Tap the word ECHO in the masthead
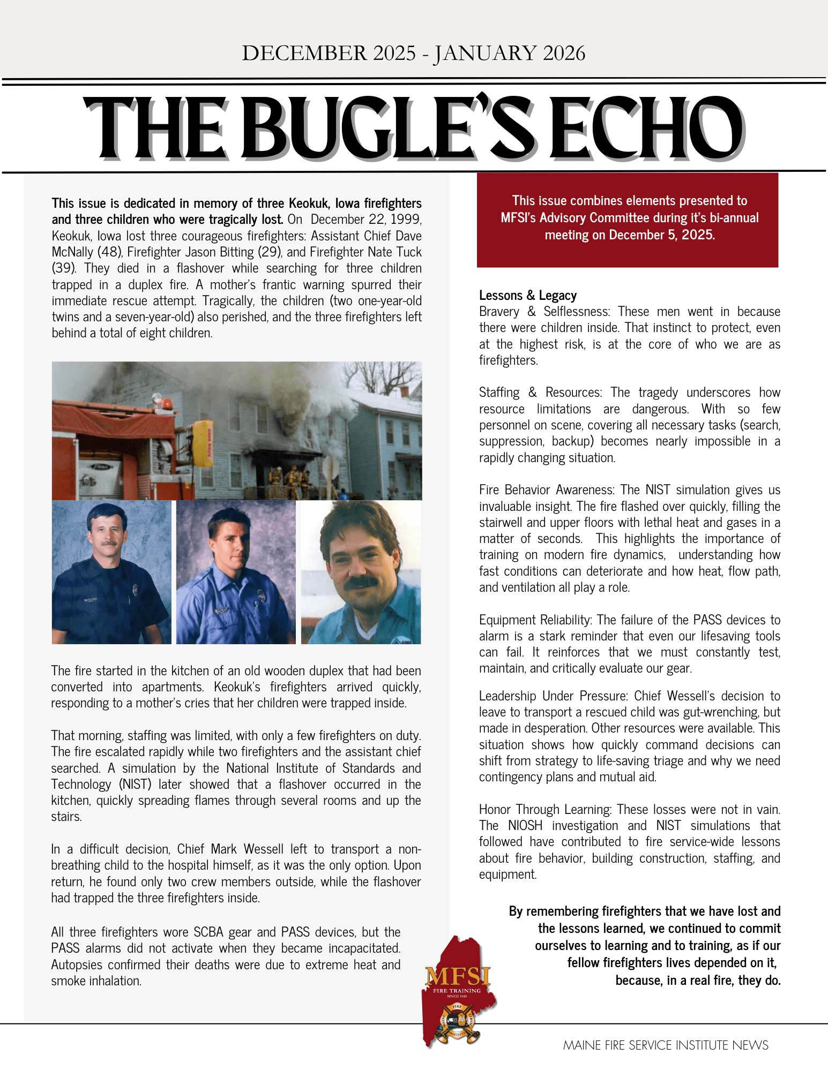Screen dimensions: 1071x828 coord(646,129)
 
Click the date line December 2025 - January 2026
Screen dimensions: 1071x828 coord(413,53)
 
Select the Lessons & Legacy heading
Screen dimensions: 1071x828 coord(528,296)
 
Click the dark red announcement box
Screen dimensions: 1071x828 coord(627,220)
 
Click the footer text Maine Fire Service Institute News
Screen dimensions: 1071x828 coord(665,1045)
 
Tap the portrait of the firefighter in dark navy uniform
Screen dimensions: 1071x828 coord(111,572)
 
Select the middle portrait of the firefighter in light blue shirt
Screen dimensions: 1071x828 coord(236,572)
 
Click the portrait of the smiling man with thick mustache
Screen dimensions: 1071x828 coord(361,572)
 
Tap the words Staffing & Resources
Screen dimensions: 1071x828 coord(540,393)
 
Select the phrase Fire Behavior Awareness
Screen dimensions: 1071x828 coord(547,490)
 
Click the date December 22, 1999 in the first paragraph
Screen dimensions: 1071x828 coord(366,220)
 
